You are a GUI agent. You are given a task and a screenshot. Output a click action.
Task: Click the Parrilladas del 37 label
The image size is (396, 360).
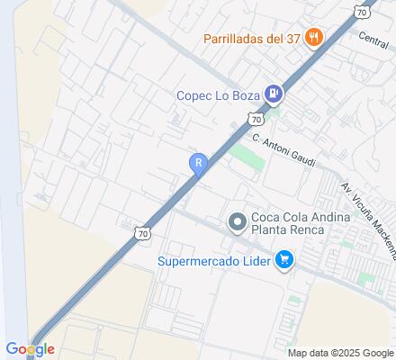coord(252,38)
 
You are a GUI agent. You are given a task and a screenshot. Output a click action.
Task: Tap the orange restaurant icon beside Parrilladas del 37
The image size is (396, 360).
coord(314,38)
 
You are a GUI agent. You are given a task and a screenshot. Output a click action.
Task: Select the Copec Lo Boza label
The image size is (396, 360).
coord(217,94)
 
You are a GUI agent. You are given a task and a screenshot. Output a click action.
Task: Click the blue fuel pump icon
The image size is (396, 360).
coord(274,94)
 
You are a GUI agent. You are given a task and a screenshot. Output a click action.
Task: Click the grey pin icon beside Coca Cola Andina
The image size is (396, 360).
coord(238,221)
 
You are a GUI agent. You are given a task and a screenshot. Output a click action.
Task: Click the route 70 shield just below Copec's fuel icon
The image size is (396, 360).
coord(257,118)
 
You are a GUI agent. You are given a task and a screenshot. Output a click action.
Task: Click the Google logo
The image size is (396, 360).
coord(30,348)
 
